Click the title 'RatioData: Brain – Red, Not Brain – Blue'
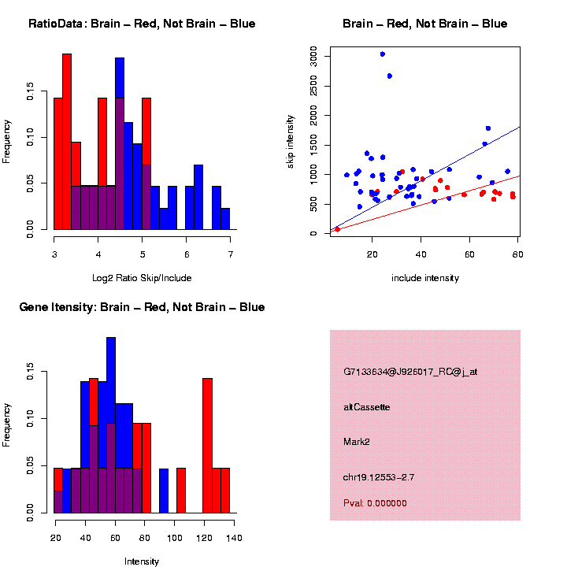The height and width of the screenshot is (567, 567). click(x=142, y=24)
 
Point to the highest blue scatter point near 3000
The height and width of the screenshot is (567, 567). click(x=383, y=54)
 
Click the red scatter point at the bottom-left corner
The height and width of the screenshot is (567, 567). click(x=337, y=229)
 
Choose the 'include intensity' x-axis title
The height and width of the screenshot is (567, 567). click(x=425, y=278)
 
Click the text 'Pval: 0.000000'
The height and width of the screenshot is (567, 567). click(x=375, y=503)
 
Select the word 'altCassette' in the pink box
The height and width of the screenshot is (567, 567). click(x=366, y=407)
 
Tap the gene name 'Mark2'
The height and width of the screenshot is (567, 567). click(x=357, y=441)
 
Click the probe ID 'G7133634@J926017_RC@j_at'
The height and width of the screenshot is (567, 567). click(x=409, y=372)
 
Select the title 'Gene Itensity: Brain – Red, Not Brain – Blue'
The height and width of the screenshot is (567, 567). click(x=142, y=307)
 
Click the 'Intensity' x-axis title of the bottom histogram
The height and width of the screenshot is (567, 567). click(x=142, y=561)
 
